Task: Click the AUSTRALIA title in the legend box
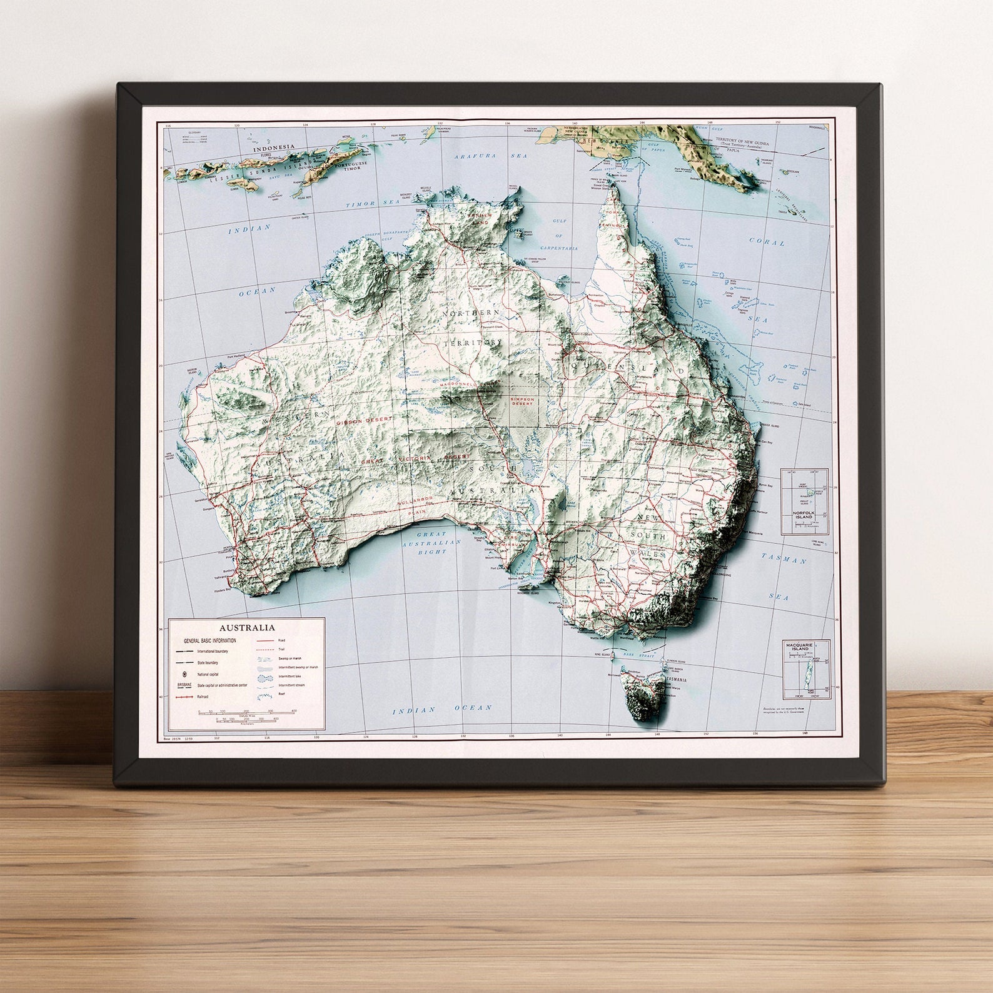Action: [246, 627]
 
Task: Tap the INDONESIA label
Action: [274, 150]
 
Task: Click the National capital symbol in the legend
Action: [185, 674]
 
